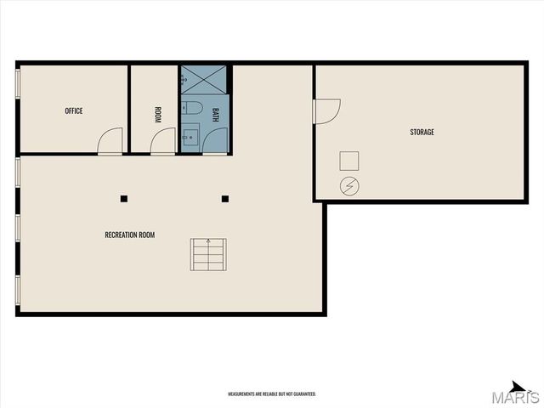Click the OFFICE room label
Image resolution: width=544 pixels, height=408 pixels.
[x=74, y=110]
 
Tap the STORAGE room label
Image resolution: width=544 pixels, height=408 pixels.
[x=422, y=132]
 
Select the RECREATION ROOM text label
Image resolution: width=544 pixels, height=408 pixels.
[x=130, y=235]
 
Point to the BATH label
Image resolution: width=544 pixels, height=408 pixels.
[x=216, y=115]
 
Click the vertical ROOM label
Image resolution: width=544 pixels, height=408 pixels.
[x=158, y=115]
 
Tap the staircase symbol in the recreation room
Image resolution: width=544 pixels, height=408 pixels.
[x=208, y=254]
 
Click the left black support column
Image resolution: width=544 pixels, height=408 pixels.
[x=124, y=199]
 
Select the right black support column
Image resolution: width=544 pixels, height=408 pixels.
[x=225, y=199]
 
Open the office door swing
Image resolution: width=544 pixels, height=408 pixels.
[x=110, y=142]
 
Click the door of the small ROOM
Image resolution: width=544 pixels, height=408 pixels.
[x=162, y=142]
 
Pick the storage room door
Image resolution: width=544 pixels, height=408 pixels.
[x=326, y=110]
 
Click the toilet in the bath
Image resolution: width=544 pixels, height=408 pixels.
[x=191, y=108]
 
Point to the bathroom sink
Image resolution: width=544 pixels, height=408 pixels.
[x=189, y=136]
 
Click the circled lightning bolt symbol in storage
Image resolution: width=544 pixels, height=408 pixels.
[x=348, y=185]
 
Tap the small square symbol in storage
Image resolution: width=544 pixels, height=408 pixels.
[x=348, y=161]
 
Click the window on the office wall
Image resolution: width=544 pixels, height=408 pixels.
[x=18, y=84]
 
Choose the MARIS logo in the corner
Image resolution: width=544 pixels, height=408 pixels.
[x=519, y=394]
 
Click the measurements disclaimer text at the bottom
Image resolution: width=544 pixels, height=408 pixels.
[x=272, y=394]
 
